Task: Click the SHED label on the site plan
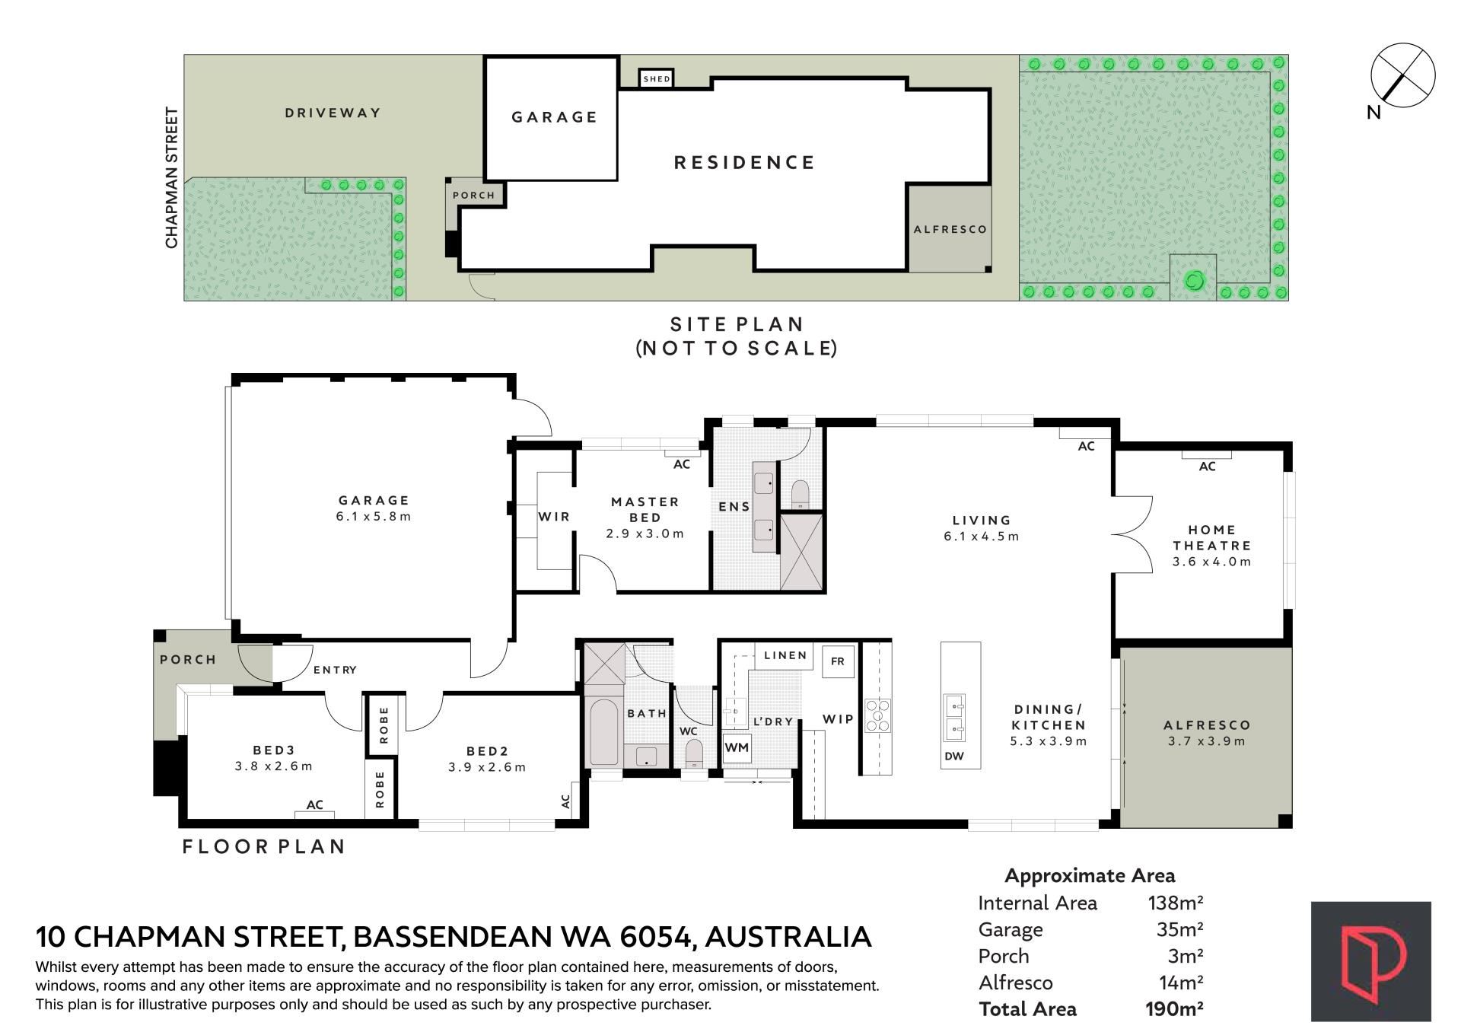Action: coord(657,79)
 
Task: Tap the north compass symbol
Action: coord(1402,76)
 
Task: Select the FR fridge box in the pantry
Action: coord(838,661)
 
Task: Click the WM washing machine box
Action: coord(737,748)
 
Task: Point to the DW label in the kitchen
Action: coord(954,756)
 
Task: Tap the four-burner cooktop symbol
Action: coord(877,715)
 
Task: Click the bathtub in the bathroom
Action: coord(603,732)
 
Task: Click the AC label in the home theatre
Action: coord(1208,467)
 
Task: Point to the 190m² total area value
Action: coord(1174,1009)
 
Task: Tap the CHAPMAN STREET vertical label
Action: coord(172,177)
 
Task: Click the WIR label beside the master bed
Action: coord(554,517)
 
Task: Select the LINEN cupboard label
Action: coord(785,655)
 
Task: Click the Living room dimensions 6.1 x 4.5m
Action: coord(982,537)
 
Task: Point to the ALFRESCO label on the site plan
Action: coord(950,229)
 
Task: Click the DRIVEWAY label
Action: coord(333,113)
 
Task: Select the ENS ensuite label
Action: coord(734,507)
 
